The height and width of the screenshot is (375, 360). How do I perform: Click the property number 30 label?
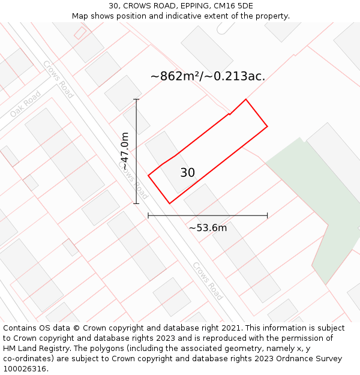coord(188,173)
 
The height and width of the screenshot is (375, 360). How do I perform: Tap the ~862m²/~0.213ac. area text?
coord(208,76)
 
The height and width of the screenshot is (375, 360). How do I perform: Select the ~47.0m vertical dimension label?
coord(125,151)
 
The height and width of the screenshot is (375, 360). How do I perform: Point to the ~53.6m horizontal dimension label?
coord(208,228)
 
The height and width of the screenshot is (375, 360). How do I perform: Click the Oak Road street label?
coord(25,104)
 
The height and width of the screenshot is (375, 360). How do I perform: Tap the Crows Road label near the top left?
coord(58,79)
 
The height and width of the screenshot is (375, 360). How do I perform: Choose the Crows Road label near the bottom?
coord(208,281)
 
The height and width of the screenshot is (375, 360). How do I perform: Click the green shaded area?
coord(318,204)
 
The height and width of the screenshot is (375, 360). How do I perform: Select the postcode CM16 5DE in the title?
coord(230,6)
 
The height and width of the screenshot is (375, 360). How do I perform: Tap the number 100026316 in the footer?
coord(25,369)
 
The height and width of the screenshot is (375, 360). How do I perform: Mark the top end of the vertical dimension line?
coord(136,100)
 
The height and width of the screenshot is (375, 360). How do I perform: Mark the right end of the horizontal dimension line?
coord(267,215)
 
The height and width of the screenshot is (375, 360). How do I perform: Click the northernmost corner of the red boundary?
coord(245,100)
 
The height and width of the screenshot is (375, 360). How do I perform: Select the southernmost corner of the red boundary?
coord(170,203)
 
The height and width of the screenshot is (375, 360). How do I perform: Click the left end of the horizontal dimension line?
coord(148,215)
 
